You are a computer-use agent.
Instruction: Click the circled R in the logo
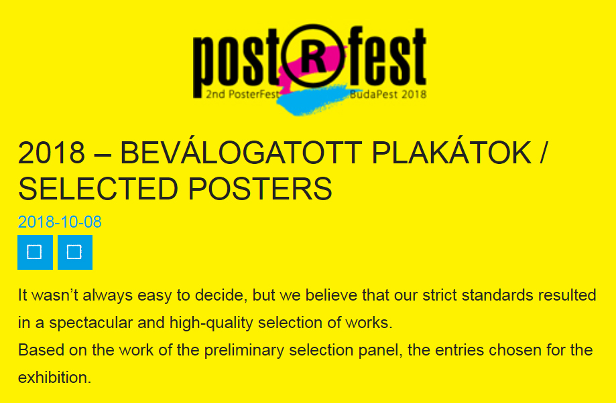click(313, 56)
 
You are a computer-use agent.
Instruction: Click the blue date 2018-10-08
click(60, 222)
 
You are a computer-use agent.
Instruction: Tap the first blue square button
click(35, 252)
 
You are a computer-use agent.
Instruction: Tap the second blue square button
click(75, 252)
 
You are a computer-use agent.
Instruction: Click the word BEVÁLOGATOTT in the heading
click(241, 153)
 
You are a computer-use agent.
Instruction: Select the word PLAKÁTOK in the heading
click(451, 153)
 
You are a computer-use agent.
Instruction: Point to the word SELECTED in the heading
click(98, 189)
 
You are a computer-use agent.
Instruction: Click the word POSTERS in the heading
click(260, 189)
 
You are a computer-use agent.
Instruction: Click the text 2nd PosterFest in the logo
click(243, 94)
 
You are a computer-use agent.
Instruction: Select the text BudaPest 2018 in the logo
click(387, 94)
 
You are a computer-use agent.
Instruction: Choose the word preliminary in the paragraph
click(244, 350)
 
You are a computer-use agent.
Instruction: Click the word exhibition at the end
click(54, 378)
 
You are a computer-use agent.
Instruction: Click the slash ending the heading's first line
click(542, 153)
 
